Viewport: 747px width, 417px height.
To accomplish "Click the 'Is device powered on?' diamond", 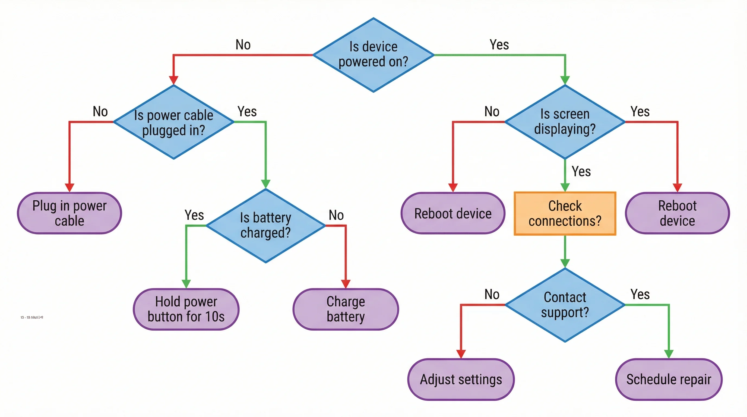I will [x=373, y=55].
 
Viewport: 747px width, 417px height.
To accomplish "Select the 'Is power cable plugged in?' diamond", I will [x=173, y=122].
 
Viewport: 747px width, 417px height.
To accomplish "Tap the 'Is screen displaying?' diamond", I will [x=565, y=122].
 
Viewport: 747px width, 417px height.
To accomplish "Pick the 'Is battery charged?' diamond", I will [x=266, y=225].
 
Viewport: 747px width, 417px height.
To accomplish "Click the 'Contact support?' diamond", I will [x=565, y=305].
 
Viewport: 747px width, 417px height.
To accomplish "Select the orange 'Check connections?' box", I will [x=565, y=213].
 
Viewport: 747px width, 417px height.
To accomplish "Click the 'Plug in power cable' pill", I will [x=69, y=213].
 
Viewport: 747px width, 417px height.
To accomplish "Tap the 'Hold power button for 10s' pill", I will [x=186, y=309].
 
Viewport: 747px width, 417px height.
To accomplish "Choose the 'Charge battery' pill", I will [x=346, y=309].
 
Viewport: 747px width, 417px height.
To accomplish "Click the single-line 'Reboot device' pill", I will [x=453, y=213].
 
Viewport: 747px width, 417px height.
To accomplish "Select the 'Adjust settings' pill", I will [x=461, y=379].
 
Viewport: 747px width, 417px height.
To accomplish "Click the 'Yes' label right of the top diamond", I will [x=499, y=45].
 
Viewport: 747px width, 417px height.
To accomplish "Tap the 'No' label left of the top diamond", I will [x=243, y=45].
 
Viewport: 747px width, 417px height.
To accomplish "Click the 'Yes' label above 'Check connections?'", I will [x=581, y=171].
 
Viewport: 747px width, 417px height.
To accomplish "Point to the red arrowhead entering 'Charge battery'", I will [x=346, y=284].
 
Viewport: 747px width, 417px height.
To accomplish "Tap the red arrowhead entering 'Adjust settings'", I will [x=461, y=354].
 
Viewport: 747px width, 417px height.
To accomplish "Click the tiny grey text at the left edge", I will [x=32, y=317].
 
